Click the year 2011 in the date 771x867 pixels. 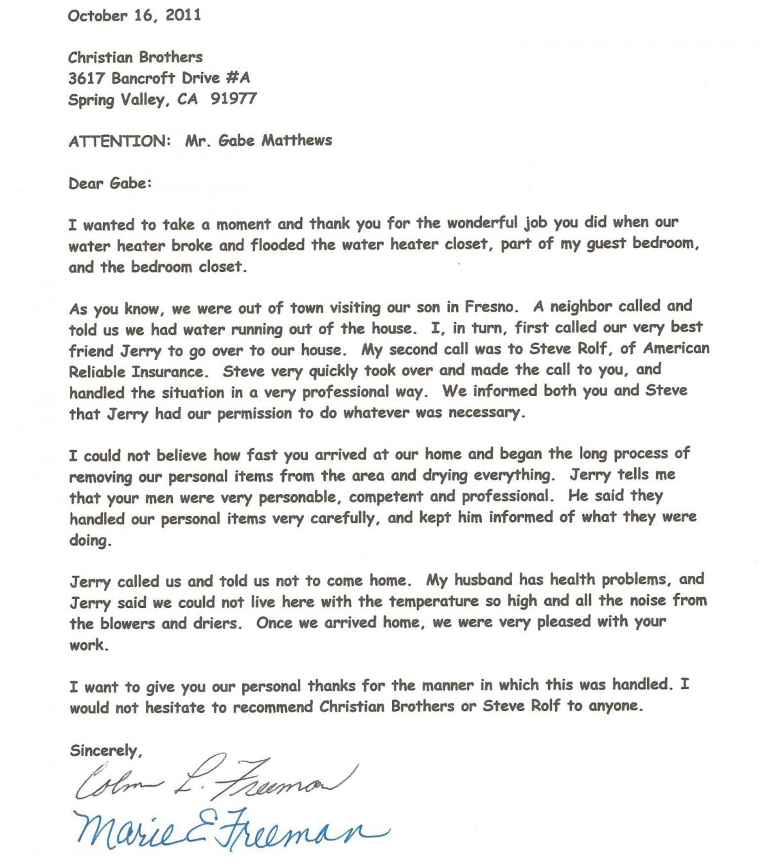click(x=183, y=15)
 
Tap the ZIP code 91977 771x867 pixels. click(x=233, y=99)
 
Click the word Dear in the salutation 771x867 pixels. click(x=87, y=183)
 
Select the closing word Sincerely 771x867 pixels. click(x=105, y=750)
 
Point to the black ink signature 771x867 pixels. click(x=212, y=780)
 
